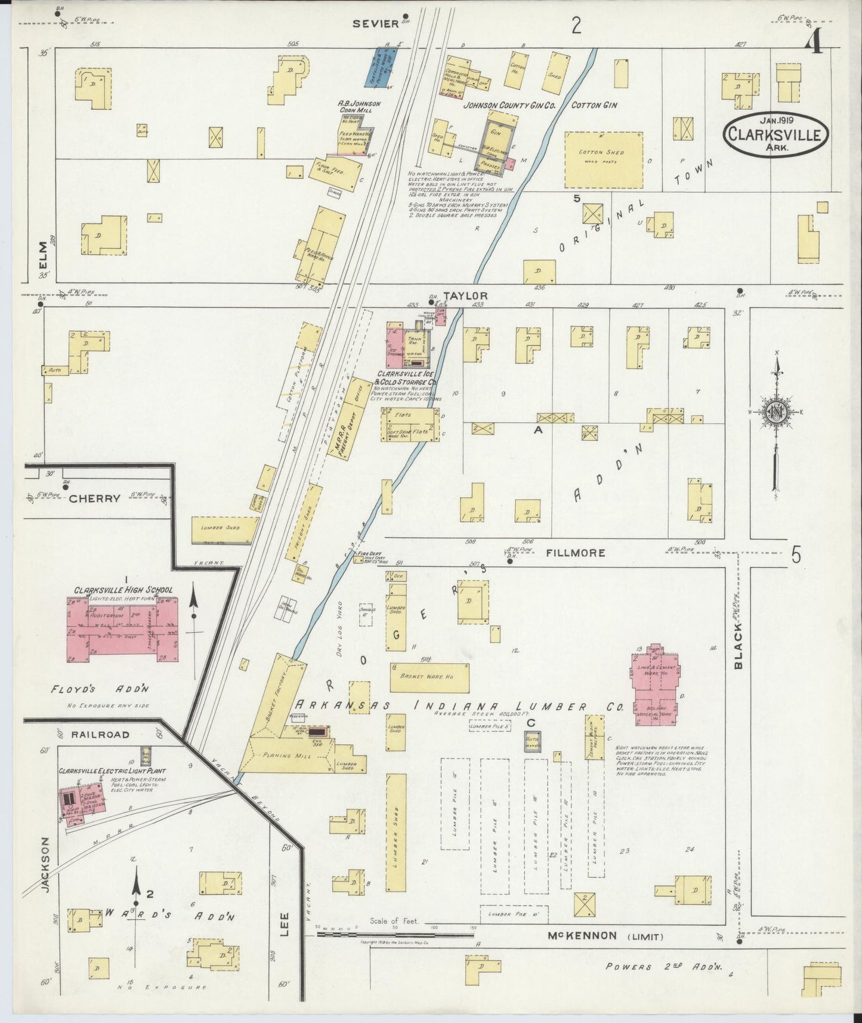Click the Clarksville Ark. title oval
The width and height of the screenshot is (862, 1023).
(776, 135)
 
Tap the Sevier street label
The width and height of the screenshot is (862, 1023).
(375, 24)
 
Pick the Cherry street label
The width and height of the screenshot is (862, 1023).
(94, 498)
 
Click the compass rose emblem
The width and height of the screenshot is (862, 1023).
(777, 412)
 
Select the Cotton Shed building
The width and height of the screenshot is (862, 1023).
(603, 160)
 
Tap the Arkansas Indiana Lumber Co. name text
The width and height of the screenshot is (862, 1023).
(459, 705)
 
